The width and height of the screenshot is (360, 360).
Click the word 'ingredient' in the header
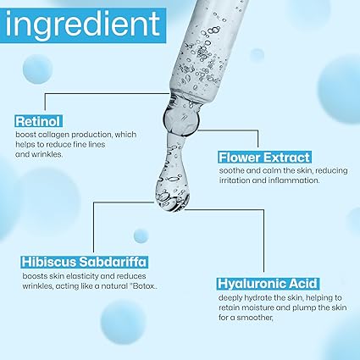[83, 26]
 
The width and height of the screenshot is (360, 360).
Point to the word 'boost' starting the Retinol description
[26, 134]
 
